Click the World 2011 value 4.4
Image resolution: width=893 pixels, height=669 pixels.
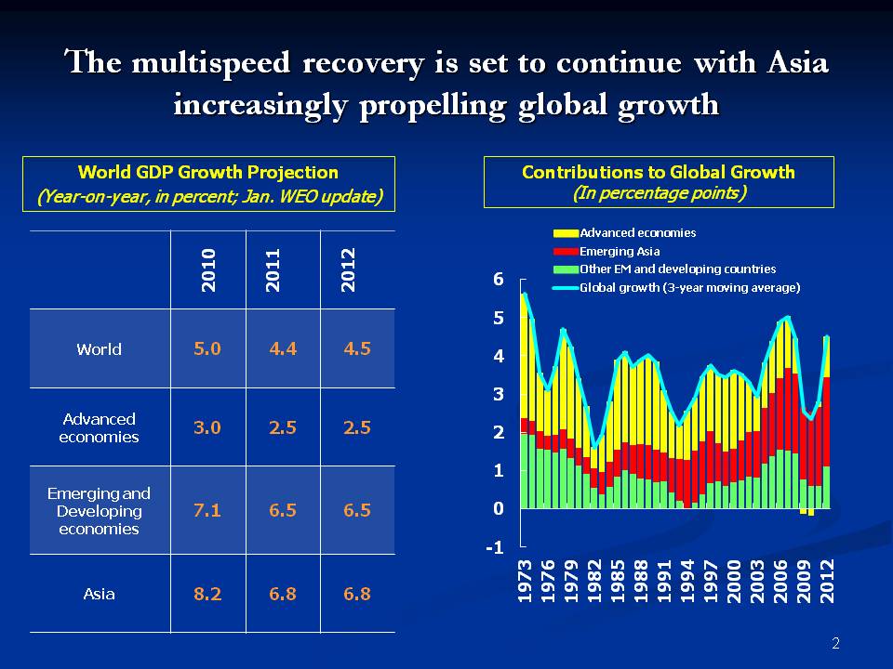coord(283,349)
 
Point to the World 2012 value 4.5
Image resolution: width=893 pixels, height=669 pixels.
coord(357,349)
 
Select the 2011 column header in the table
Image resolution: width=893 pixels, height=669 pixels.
coord(273,270)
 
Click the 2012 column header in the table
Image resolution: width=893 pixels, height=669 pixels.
coord(348,270)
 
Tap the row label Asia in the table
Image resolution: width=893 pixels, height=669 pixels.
coord(99,594)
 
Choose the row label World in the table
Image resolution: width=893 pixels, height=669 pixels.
coord(99,349)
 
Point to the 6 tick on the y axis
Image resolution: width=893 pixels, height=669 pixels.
coord(498,280)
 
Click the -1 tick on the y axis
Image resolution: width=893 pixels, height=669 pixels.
coord(495,547)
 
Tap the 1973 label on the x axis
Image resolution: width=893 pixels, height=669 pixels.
coord(525,584)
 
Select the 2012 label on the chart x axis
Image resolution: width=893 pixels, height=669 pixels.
coord(826,584)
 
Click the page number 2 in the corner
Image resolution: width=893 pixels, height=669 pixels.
coord(835,644)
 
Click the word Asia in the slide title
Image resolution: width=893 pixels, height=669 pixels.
coord(795,62)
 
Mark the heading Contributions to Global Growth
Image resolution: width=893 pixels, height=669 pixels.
coord(659,172)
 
